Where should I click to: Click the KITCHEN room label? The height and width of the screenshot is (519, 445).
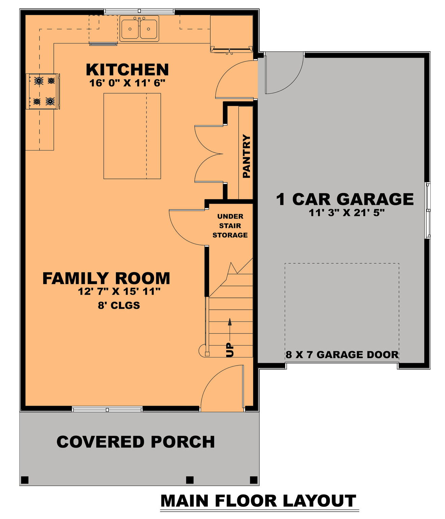(127, 70)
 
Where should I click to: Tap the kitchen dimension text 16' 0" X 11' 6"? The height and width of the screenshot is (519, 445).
(127, 83)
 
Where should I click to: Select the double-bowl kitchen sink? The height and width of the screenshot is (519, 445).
(139, 29)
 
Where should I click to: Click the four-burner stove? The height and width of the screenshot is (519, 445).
(43, 91)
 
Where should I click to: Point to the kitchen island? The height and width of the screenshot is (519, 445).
(132, 136)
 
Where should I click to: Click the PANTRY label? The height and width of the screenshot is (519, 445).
(247, 156)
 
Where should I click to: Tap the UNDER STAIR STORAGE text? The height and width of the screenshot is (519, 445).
(230, 226)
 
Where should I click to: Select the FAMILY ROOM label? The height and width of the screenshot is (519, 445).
(106, 278)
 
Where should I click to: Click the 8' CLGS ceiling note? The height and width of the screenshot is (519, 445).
(119, 305)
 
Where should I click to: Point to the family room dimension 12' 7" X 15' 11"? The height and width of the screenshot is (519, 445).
(119, 292)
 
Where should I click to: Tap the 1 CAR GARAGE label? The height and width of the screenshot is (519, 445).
(345, 199)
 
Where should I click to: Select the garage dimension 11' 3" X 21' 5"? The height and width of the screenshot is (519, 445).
(347, 213)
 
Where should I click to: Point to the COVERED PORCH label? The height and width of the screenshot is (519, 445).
(136, 442)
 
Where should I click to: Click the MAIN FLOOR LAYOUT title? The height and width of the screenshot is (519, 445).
(258, 501)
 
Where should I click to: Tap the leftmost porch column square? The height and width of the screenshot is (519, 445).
(25, 480)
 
